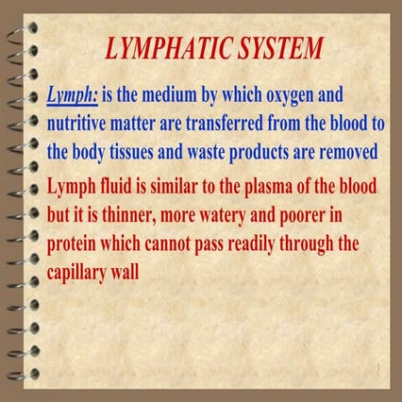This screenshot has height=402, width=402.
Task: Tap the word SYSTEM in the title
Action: [x=280, y=48]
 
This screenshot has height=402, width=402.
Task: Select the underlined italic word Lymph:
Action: [x=73, y=95]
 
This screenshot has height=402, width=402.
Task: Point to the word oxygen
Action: [x=290, y=95]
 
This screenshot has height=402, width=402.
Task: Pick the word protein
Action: [x=72, y=244]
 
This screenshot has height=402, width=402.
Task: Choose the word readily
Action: [x=251, y=244]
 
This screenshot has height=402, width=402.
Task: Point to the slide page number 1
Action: [x=378, y=367]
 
